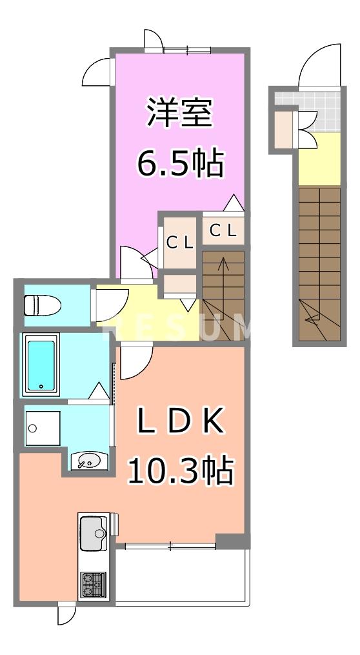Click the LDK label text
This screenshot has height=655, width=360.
(180, 423)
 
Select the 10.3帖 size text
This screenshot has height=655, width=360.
(180, 470)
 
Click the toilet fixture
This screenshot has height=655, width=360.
(40, 303)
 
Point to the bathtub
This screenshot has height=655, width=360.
(41, 365)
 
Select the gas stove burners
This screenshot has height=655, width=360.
(93, 585)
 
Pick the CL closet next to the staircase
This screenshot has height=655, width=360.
(224, 230)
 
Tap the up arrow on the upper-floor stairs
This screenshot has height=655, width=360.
(223, 265)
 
